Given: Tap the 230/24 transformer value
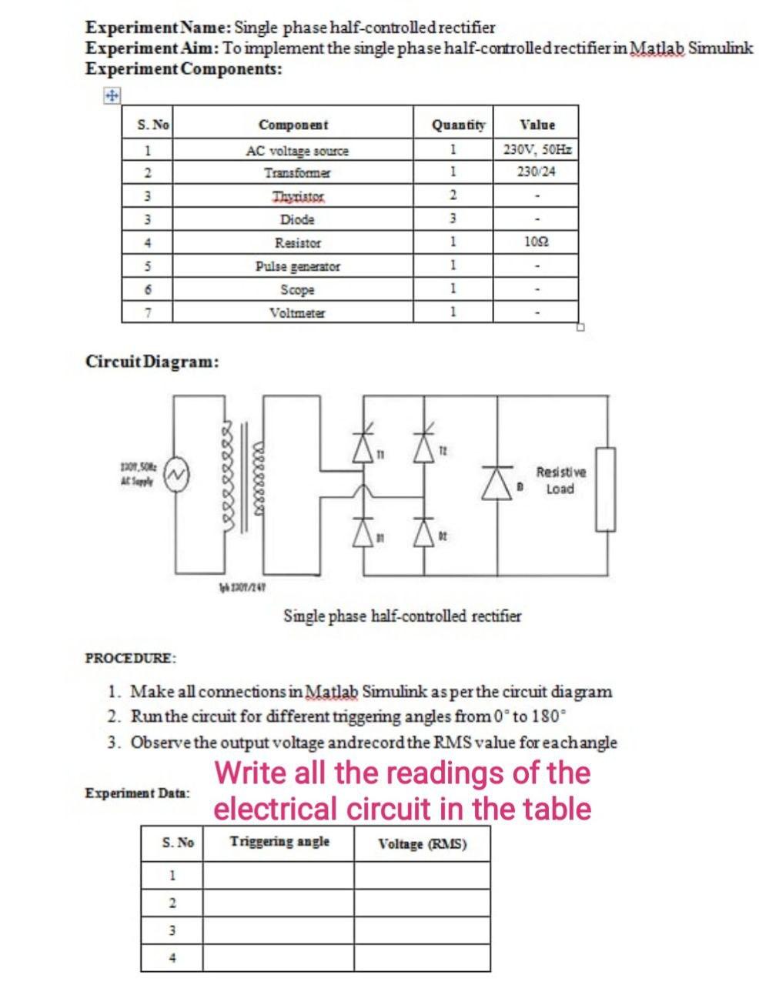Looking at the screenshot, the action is pos(537,172).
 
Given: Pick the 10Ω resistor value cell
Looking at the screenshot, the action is pos(537,242).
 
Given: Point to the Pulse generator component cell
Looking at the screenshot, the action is pos(296,266).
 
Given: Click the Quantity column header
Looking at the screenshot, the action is pos(459,125).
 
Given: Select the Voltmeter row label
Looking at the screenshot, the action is pos(296,312).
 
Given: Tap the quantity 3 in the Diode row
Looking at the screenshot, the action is pos(453,219).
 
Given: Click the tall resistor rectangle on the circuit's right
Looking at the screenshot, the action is pos(605,489).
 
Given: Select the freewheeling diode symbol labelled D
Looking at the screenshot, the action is pos(497,482).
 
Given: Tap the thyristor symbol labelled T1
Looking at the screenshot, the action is pos(364,446).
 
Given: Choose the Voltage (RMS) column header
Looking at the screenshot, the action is pos(422,844).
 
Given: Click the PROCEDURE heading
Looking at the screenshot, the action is pos(130,658).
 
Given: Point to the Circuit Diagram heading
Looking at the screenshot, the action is pos(152,361).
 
